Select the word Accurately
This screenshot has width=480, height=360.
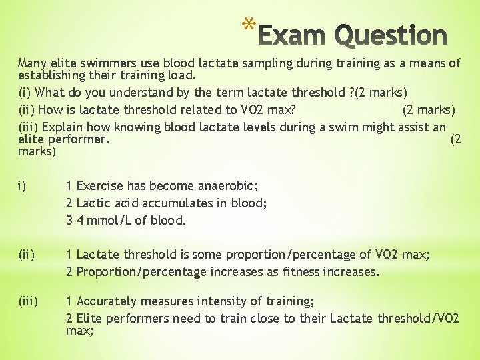pyautogui.click(x=109, y=301)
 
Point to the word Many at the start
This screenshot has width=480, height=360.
pyautogui.click(x=32, y=63)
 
